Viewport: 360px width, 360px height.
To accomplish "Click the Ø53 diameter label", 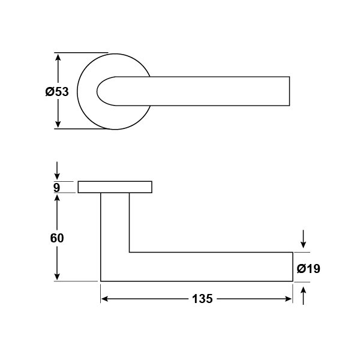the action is click(x=57, y=92).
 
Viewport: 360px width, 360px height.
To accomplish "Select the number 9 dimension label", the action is click(x=56, y=188).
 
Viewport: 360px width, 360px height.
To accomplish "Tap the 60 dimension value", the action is click(x=57, y=238).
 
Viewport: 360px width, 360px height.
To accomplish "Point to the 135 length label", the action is click(x=202, y=299).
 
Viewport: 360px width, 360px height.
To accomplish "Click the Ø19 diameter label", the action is click(x=308, y=269).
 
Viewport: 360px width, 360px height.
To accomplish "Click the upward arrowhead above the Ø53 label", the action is click(x=58, y=57).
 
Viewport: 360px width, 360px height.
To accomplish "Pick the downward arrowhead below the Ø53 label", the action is click(x=58, y=124).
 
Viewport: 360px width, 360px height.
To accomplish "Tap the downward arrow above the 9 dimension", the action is click(x=57, y=170).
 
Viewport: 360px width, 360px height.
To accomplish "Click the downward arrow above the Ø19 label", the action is click(x=303, y=239).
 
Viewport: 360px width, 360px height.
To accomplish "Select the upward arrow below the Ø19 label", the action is click(x=303, y=295).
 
